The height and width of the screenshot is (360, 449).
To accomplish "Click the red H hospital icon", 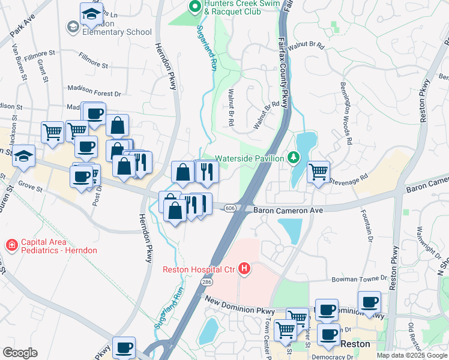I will pyautogui.click(x=244, y=269).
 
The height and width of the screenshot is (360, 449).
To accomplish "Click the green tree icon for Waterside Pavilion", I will pyautogui.click(x=294, y=158).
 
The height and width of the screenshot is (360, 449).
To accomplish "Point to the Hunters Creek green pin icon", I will pyautogui.click(x=194, y=7).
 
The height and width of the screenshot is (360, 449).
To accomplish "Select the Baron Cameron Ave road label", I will pyautogui.click(x=288, y=210).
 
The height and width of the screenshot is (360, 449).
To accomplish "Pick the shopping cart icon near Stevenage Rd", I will pyautogui.click(x=318, y=172).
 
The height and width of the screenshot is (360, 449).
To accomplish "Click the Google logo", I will pyautogui.click(x=20, y=353).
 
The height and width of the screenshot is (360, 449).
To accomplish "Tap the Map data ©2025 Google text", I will pyautogui.click(x=411, y=355).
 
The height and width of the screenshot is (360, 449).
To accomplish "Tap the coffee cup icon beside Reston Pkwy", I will pyautogui.click(x=369, y=302).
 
